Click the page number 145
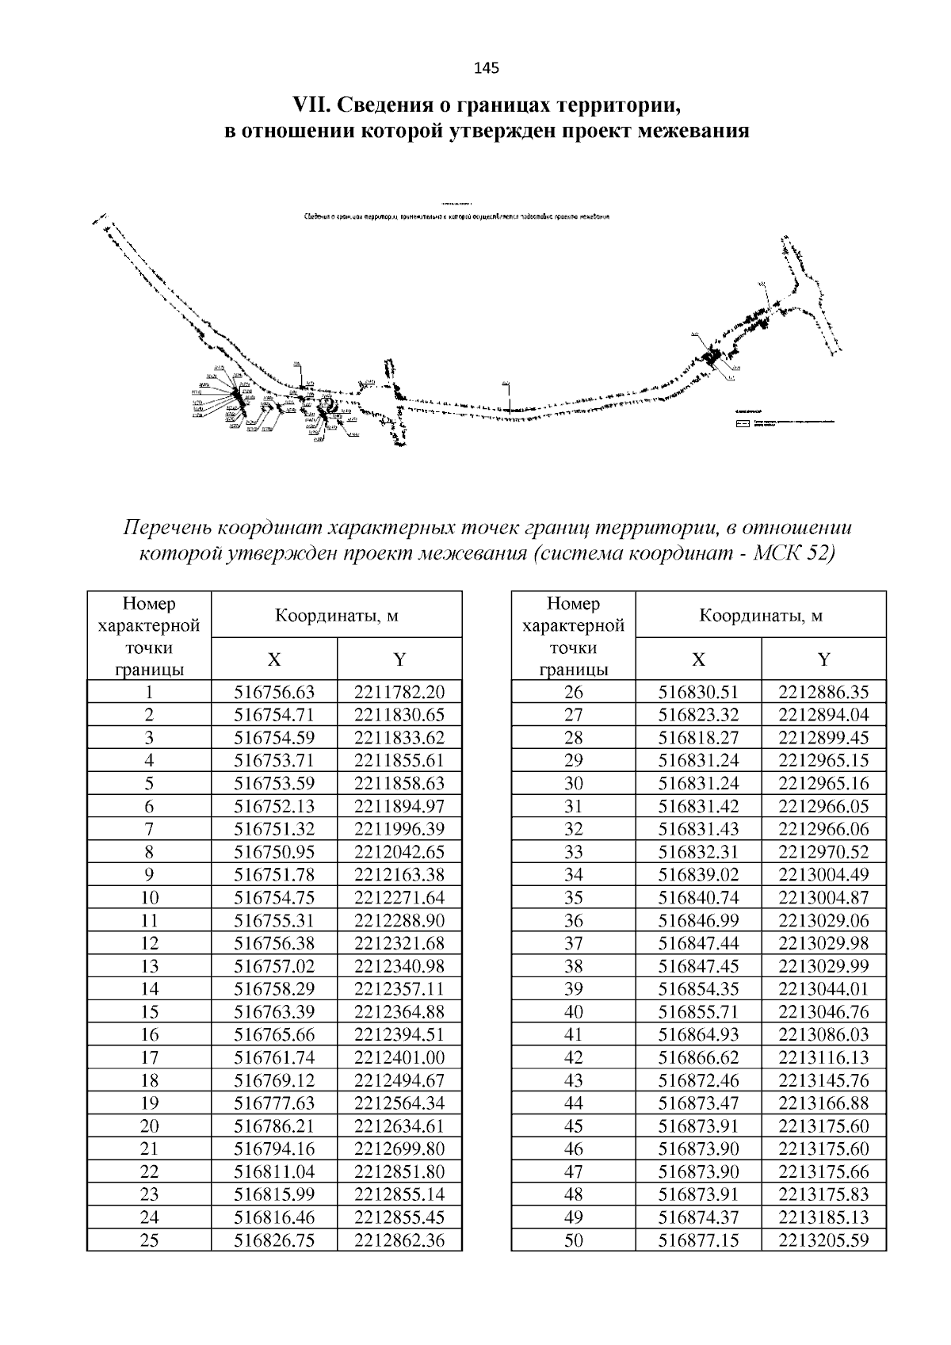[x=486, y=68]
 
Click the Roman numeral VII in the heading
[x=310, y=105]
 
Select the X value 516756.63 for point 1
[x=274, y=692]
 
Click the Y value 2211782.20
[x=399, y=692]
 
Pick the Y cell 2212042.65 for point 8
[x=399, y=852]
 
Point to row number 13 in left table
[x=149, y=966]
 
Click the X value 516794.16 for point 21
[x=274, y=1149]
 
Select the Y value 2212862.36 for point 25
[x=399, y=1240]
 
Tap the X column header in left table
[x=274, y=659]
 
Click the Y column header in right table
[x=823, y=659]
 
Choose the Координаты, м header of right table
[x=761, y=615]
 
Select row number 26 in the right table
[x=574, y=692]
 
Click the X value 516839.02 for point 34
[x=699, y=875]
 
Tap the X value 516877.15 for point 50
[x=699, y=1240]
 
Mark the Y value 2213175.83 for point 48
[x=823, y=1194]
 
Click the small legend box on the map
[x=742, y=424]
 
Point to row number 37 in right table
[x=574, y=943]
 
